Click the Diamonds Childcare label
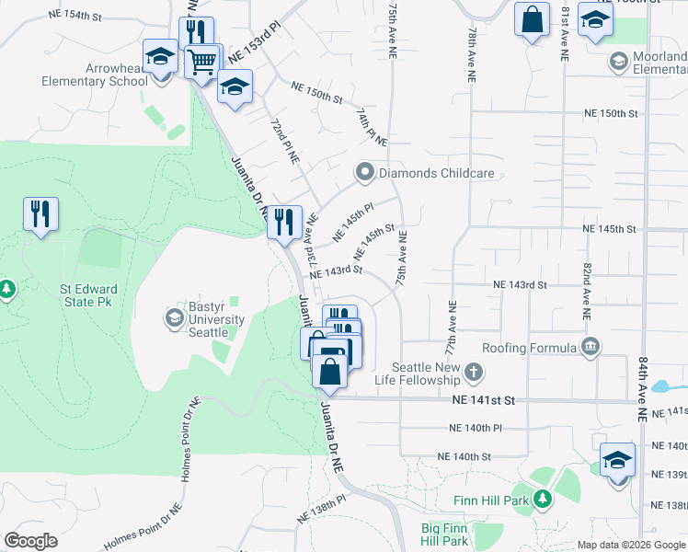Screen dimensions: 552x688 coord(439,173)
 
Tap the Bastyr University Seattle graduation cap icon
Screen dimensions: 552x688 coord(173,318)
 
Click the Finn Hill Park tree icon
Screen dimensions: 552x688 coord(543,500)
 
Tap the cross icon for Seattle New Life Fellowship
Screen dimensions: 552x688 coord(473,373)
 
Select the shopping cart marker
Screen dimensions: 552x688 coord(203,62)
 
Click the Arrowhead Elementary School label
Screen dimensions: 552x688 coord(95,75)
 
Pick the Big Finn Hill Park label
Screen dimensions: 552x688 coord(445,535)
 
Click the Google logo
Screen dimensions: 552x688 coord(30,541)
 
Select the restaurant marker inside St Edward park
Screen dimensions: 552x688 coord(40,214)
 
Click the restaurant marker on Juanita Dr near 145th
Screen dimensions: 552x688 coord(284,221)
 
